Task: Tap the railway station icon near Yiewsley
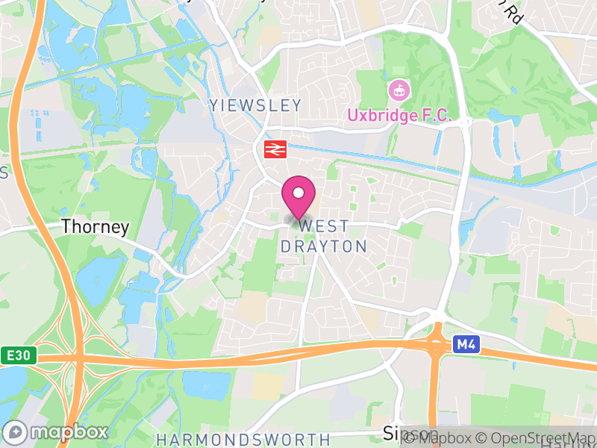[x=275, y=149]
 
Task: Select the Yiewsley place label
[x=255, y=105]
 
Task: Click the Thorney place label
[x=96, y=226]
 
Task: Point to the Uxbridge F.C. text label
[x=401, y=116]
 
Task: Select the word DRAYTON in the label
[x=323, y=246]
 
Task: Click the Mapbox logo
[x=56, y=432]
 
